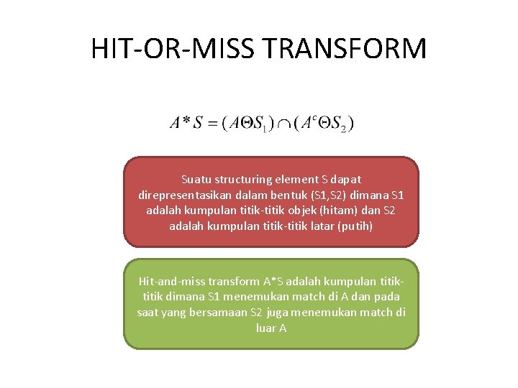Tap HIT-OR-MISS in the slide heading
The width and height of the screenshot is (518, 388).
176,50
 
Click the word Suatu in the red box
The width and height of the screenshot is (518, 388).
194,179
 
